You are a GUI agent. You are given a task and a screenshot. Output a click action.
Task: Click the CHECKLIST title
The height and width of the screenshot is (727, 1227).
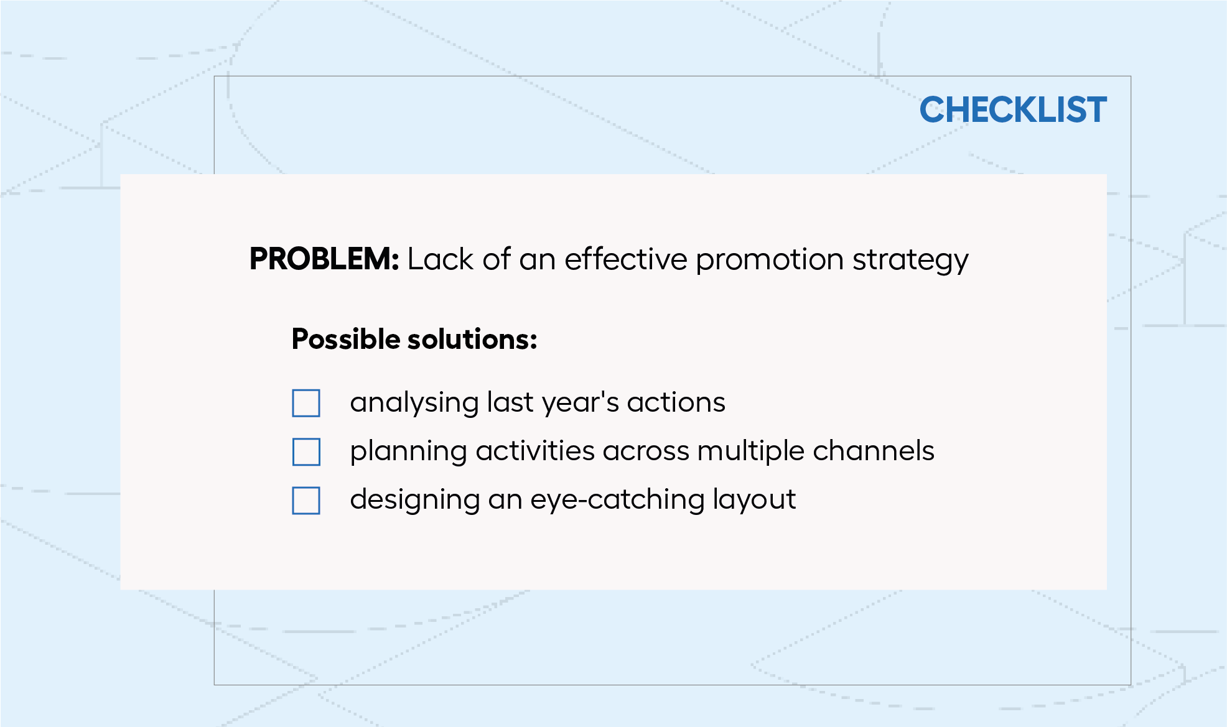click(x=1013, y=110)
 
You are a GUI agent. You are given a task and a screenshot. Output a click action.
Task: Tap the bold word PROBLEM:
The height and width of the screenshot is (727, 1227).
click(x=324, y=259)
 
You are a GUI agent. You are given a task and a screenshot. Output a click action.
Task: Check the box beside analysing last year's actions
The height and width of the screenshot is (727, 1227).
click(x=306, y=403)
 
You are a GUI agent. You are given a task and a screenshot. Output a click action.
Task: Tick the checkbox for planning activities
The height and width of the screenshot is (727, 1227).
click(x=306, y=451)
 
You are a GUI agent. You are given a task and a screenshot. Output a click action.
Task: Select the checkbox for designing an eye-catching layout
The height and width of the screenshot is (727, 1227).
click(x=306, y=500)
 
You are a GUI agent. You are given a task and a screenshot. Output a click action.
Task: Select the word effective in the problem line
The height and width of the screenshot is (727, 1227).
click(x=625, y=259)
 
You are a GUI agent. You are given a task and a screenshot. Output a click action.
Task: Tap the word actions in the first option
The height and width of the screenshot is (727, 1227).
click(x=676, y=403)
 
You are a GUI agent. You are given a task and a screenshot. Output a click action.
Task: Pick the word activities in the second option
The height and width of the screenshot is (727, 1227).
click(x=535, y=451)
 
